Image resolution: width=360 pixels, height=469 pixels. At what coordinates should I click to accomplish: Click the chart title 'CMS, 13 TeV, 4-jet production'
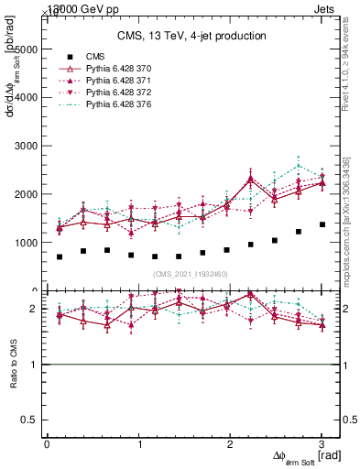point(191,37)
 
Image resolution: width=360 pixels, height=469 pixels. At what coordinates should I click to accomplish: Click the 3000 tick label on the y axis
point(25,146)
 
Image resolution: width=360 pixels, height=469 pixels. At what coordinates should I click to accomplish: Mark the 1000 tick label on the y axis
point(25,244)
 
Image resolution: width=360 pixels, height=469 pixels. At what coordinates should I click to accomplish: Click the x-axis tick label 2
point(230,444)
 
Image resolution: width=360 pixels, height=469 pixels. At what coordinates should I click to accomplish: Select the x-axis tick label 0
point(47,444)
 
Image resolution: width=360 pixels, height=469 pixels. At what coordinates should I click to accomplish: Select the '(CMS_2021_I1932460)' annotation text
point(191,273)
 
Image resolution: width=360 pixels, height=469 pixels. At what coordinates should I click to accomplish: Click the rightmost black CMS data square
point(322,224)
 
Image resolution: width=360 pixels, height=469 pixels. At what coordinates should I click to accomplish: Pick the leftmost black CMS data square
point(60,256)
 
